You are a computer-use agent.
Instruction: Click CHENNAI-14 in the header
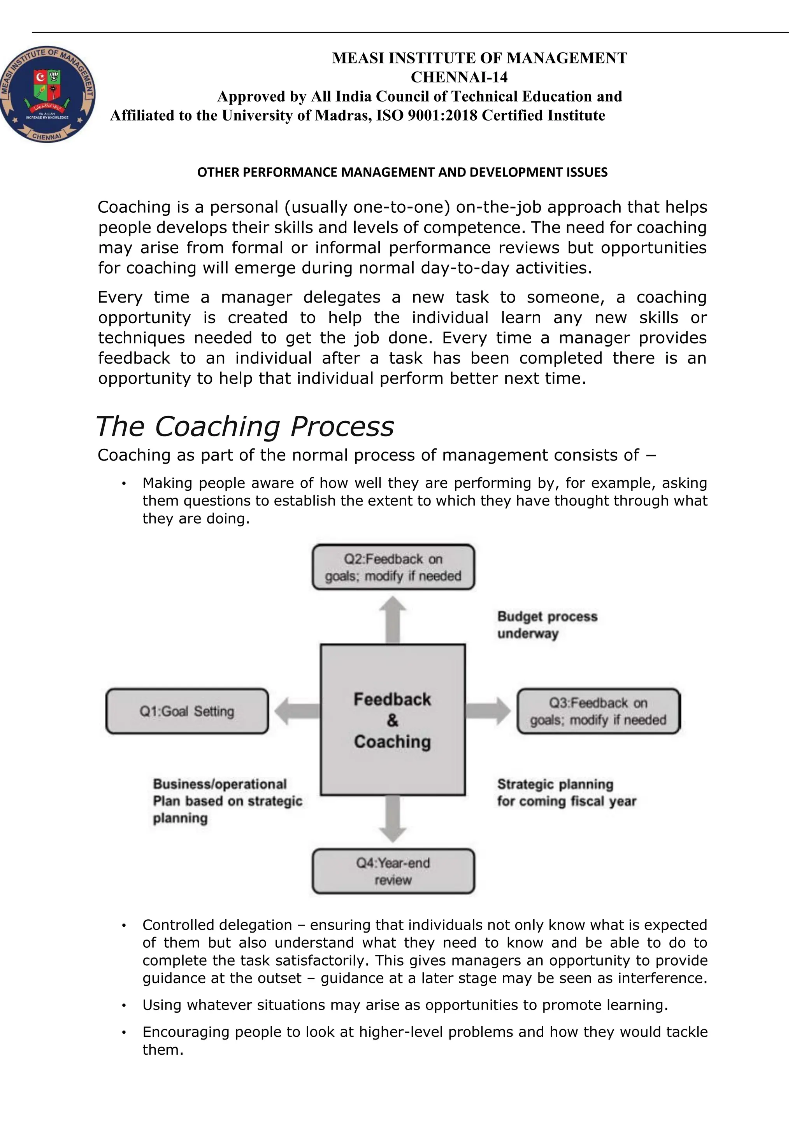tap(459, 77)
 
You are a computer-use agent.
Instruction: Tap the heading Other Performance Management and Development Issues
tap(402, 172)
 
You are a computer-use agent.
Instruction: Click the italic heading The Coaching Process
tap(244, 426)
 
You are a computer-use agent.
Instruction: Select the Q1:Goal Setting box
tap(187, 711)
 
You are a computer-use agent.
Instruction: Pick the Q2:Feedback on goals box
tap(393, 567)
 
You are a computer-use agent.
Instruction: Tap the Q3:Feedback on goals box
tap(598, 711)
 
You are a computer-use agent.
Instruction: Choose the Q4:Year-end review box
tap(393, 871)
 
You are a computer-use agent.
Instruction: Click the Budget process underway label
tap(547, 625)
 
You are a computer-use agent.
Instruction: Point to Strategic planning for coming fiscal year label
tap(566, 793)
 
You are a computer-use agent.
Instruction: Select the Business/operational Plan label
tap(227, 801)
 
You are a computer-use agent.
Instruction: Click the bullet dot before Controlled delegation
tap(124, 926)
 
